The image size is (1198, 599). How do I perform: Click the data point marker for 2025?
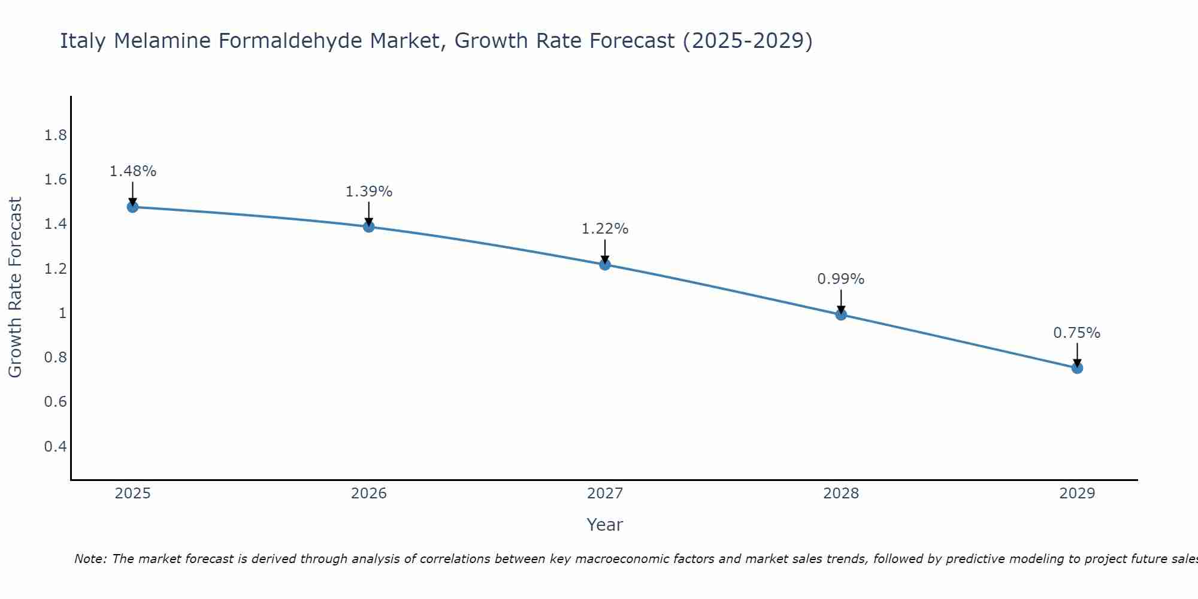pyautogui.click(x=132, y=207)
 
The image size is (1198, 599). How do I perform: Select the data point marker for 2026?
pyautogui.click(x=369, y=226)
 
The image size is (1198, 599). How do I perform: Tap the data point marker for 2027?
pyautogui.click(x=605, y=264)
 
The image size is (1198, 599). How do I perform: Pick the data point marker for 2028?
pyautogui.click(x=841, y=314)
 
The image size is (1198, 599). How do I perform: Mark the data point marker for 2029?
pyautogui.click(x=1077, y=368)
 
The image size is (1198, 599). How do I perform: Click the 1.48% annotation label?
pyautogui.click(x=132, y=171)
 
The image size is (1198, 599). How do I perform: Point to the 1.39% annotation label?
pyautogui.click(x=369, y=192)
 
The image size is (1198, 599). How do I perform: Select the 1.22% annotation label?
pyautogui.click(x=605, y=229)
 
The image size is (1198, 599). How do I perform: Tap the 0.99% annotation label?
pyautogui.click(x=841, y=279)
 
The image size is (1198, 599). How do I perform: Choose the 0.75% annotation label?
pyautogui.click(x=1077, y=333)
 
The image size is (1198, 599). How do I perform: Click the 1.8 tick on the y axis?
pyautogui.click(x=56, y=135)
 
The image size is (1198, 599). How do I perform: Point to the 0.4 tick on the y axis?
pyautogui.click(x=56, y=446)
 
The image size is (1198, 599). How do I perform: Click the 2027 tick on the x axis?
pyautogui.click(x=605, y=494)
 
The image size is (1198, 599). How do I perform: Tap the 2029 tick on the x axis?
pyautogui.click(x=1077, y=494)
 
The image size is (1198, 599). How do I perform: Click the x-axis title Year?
pyautogui.click(x=605, y=525)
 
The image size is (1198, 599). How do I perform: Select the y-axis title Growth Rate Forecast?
pyautogui.click(x=15, y=288)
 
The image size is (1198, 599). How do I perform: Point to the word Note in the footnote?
pyautogui.click(x=90, y=559)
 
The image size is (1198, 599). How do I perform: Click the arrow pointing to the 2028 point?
pyautogui.click(x=841, y=302)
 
